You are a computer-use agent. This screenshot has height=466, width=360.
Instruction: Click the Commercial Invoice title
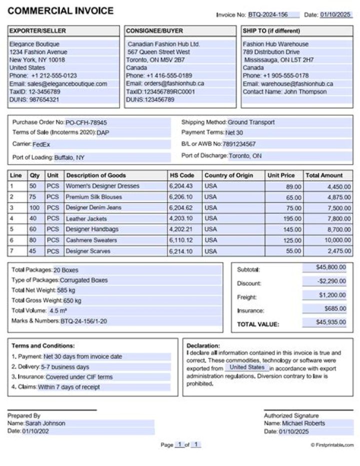60,11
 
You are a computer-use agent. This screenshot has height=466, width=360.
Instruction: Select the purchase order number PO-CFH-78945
86,123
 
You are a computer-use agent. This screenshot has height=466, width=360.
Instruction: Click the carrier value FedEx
41,145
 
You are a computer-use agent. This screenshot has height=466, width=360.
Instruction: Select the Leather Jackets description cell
86,219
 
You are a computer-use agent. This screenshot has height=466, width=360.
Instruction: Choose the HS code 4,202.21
181,229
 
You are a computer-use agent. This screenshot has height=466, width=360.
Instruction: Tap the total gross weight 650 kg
72,301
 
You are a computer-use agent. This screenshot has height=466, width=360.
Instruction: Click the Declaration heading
203,345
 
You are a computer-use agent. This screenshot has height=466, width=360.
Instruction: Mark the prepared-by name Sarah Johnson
45,423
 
